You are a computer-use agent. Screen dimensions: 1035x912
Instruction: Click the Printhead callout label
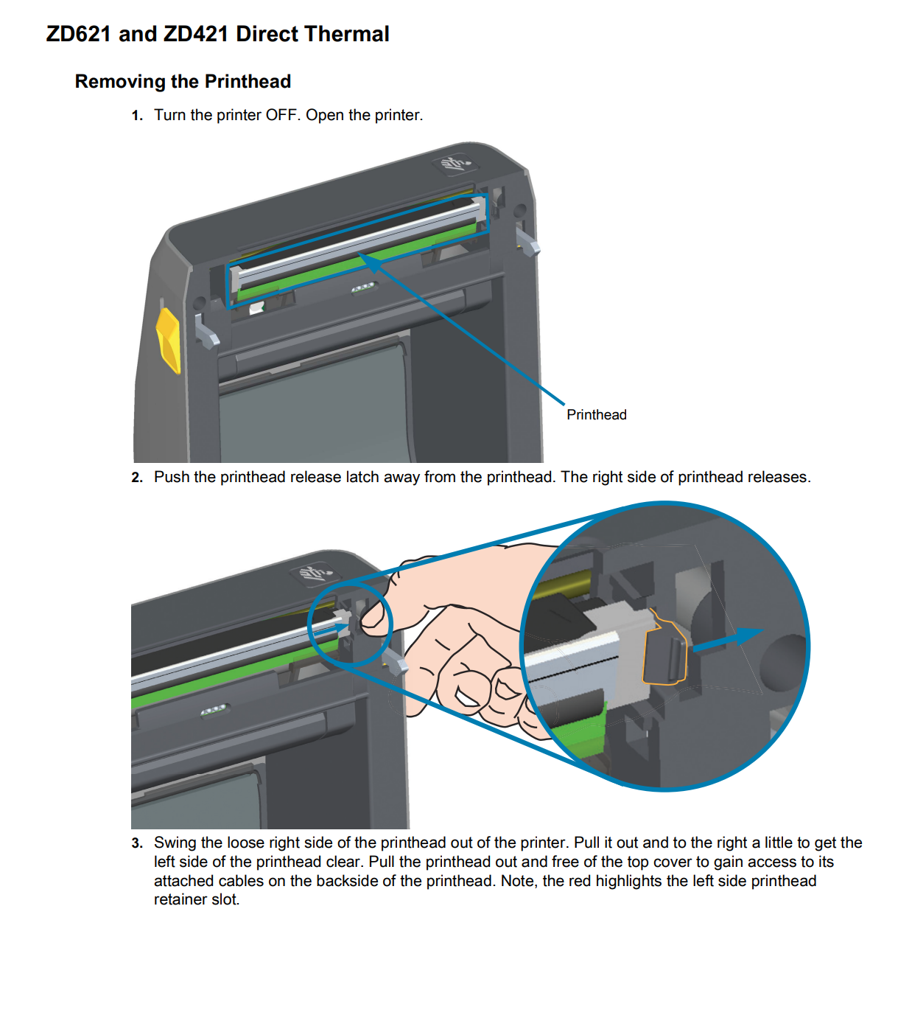tap(596, 415)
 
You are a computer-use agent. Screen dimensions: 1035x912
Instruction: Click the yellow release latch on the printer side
tap(169, 340)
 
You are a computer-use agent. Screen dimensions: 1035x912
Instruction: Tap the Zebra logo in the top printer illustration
tap(452, 164)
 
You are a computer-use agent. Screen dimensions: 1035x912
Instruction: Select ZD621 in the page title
tap(79, 35)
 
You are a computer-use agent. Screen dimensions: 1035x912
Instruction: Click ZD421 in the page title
tap(195, 35)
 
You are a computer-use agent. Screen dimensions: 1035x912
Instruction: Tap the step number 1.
tap(136, 116)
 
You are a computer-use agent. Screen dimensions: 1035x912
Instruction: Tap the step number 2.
tap(136, 478)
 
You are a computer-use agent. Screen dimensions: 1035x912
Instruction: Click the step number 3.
tap(136, 843)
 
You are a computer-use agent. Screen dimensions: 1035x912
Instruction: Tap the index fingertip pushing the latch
tap(372, 616)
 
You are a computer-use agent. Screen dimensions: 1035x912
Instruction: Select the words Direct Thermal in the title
tap(312, 35)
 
